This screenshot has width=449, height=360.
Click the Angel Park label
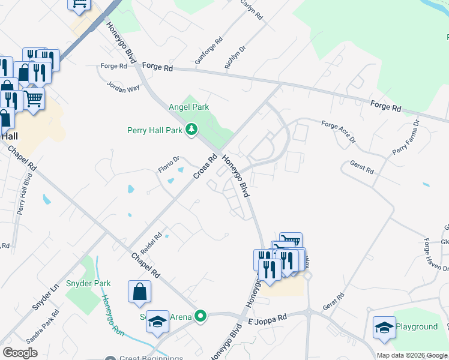click(x=188, y=107)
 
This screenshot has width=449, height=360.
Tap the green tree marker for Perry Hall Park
click(x=191, y=130)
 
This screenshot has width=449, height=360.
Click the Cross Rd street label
click(x=205, y=167)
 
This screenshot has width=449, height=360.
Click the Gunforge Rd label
click(x=209, y=51)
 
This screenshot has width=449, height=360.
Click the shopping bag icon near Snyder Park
click(x=139, y=292)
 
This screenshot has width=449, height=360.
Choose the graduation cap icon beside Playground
click(x=384, y=327)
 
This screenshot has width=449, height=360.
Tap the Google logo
click(x=20, y=353)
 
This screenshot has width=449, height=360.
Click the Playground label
click(x=417, y=327)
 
